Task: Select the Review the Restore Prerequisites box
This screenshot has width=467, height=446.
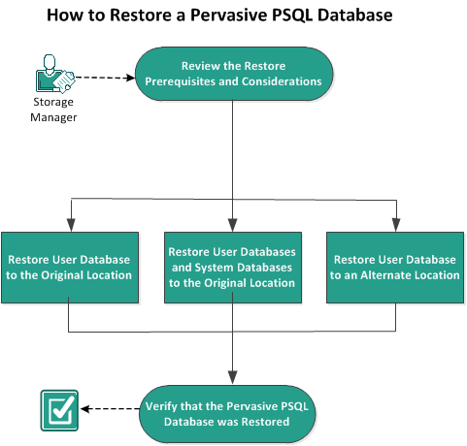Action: (x=232, y=75)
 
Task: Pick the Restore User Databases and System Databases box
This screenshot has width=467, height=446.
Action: (x=232, y=268)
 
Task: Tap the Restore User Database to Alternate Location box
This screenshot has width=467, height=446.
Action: (x=395, y=268)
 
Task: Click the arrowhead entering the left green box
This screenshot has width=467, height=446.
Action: (x=71, y=227)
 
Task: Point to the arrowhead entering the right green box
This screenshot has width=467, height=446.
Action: (x=395, y=227)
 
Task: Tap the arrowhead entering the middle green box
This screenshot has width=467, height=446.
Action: (x=232, y=227)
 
